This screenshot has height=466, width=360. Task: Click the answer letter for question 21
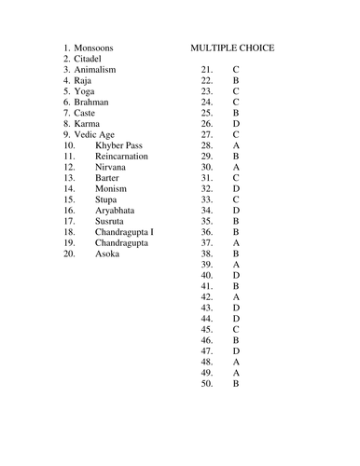(236, 71)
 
